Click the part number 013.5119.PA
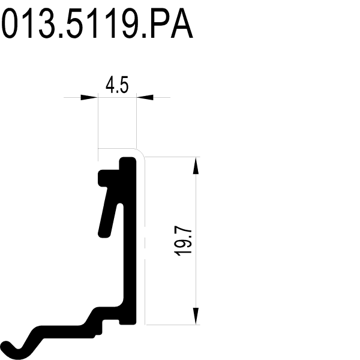[x=97, y=23]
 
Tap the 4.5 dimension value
[x=117, y=85]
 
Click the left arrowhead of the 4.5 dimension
[x=89, y=97]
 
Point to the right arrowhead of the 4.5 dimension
[x=145, y=97]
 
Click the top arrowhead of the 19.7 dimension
[x=196, y=166]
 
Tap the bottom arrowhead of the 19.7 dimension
[x=196, y=316]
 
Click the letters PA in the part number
[x=172, y=23]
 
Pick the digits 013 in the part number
[x=28, y=23]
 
